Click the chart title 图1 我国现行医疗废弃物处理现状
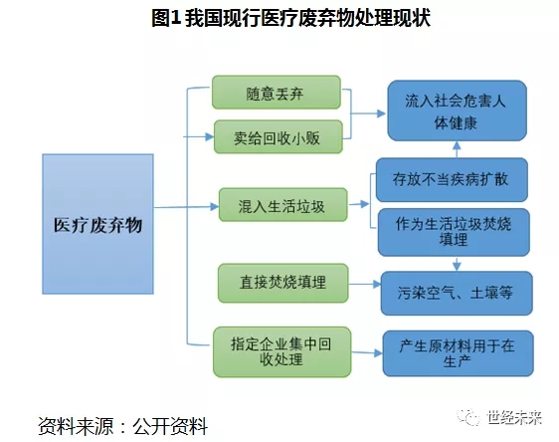click(x=290, y=18)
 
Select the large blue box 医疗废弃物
click(x=98, y=224)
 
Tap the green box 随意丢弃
click(x=277, y=92)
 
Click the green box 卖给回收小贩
click(x=279, y=137)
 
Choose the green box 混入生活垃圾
click(x=283, y=205)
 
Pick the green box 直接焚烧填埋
click(x=283, y=283)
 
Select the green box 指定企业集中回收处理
click(x=282, y=352)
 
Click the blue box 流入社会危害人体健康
click(x=457, y=110)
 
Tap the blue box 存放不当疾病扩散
click(x=452, y=179)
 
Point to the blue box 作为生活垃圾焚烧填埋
click(x=454, y=232)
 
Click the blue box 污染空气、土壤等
click(x=457, y=294)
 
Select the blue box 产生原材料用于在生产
click(x=459, y=353)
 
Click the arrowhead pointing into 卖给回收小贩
click(x=210, y=136)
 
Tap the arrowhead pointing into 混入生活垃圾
click(x=214, y=206)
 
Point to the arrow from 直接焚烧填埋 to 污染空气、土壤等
click(x=365, y=285)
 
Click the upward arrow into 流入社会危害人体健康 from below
click(x=457, y=149)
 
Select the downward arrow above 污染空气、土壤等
click(x=457, y=264)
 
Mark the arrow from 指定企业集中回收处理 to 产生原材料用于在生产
click(x=367, y=353)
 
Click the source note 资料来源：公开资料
click(x=122, y=426)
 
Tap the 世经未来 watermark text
click(x=514, y=417)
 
